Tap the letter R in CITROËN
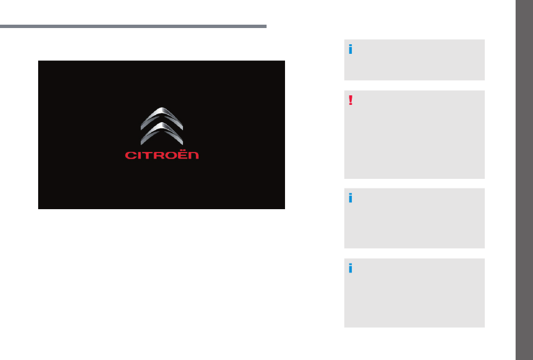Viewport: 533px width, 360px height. [x=158, y=155]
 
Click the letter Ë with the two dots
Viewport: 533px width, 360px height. [x=182, y=155]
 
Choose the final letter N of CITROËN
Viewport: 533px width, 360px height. [x=193, y=155]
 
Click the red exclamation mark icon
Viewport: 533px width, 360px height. [x=351, y=100]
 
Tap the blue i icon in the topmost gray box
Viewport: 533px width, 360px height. [x=351, y=49]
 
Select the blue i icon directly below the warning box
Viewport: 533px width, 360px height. [x=351, y=198]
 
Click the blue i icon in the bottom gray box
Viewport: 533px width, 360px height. [x=351, y=268]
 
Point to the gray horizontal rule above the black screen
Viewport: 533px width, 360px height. [x=134, y=26]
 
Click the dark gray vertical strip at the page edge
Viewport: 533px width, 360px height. [x=524, y=180]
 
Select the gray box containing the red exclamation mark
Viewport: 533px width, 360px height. [x=415, y=135]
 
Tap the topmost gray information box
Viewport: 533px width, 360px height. [x=415, y=60]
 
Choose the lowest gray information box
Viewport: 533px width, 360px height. [x=415, y=293]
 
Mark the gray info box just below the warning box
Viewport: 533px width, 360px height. [x=415, y=218]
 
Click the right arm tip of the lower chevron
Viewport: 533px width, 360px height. [x=182, y=144]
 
